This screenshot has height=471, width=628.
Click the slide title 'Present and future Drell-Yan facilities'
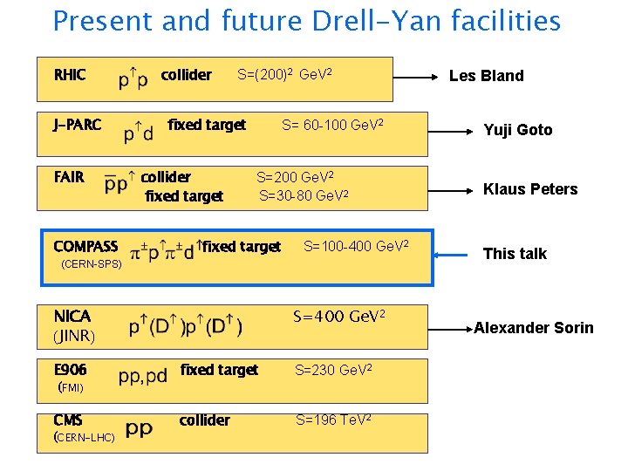pos(306,21)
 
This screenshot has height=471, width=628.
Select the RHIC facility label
pos(70,75)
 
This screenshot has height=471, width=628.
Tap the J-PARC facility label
pos(78,125)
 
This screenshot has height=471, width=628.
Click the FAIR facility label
pos(69,178)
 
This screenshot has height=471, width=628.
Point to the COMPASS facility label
pos(85,247)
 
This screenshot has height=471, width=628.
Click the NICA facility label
pos(72,316)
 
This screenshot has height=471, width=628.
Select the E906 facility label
pos(71,370)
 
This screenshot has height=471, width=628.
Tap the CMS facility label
pos(68,420)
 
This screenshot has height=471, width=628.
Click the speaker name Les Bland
pos(486,76)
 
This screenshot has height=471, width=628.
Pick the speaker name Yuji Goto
pos(518,130)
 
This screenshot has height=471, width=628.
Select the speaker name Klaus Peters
pos(530,189)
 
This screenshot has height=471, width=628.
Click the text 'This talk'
pos(515,254)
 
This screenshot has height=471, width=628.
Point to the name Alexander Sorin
pos(533,328)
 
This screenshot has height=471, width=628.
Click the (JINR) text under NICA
pos(74,335)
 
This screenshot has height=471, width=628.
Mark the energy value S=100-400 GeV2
pos(355,246)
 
